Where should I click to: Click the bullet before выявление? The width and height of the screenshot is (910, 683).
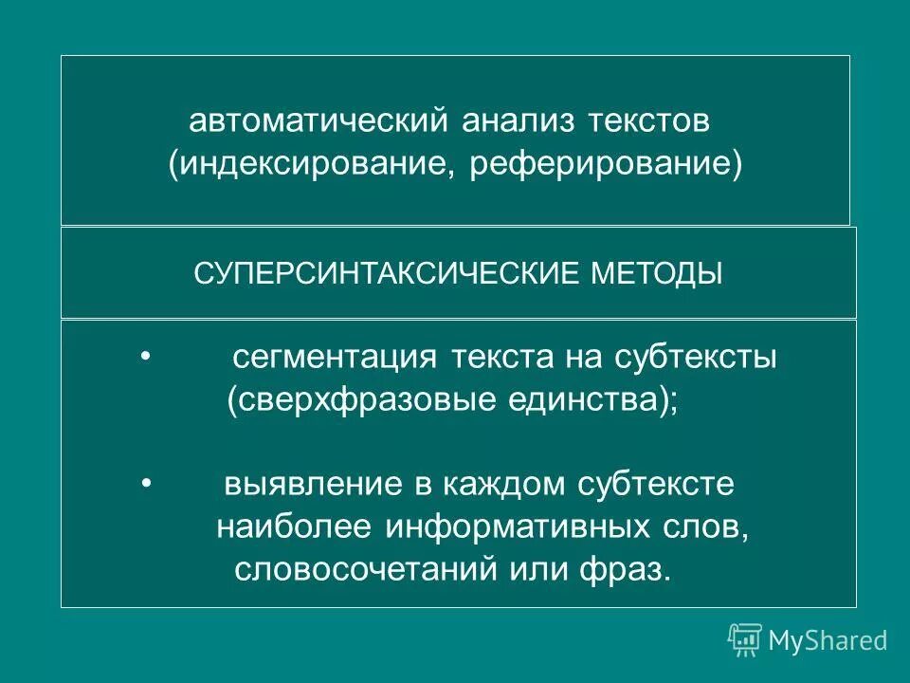tap(145, 483)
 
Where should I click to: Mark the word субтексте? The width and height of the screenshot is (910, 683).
tap(655, 484)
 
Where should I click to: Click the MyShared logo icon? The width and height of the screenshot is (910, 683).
tap(745, 639)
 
